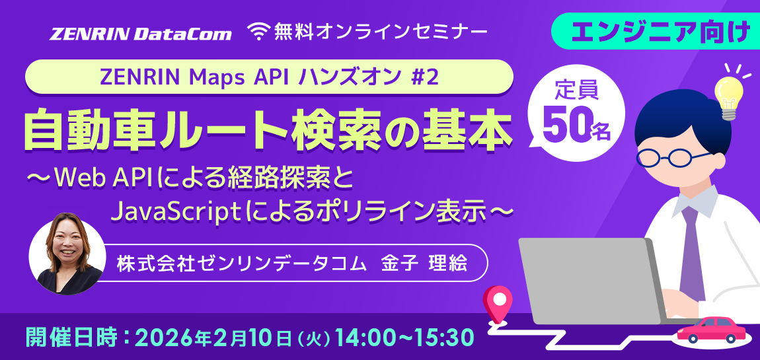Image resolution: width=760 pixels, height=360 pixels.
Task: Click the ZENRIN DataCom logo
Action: (141, 33)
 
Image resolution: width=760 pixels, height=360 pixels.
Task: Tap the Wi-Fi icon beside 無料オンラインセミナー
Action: (260, 31)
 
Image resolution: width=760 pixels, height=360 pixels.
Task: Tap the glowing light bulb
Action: (731, 92)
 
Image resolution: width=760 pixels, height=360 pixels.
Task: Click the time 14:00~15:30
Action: (404, 338)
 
